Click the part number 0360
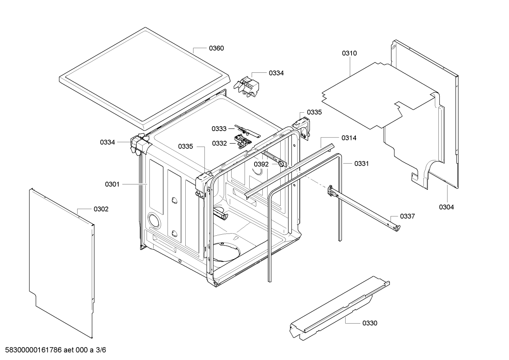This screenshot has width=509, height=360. tap(216, 48)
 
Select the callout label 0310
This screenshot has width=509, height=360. tap(349, 53)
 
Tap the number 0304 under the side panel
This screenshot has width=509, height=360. tap(446, 207)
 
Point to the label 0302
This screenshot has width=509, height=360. tap(101, 209)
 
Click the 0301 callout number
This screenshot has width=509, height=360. tap(112, 184)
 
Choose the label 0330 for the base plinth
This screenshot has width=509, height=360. tap(370, 323)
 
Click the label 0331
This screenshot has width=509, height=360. tap(361, 164)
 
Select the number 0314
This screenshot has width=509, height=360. tap(349, 138)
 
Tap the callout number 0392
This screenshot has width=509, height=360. tap(261, 164)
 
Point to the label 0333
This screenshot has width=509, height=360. tap(219, 129)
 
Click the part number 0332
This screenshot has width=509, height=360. tap(219, 143)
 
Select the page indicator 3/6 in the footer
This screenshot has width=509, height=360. tap(101, 350)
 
